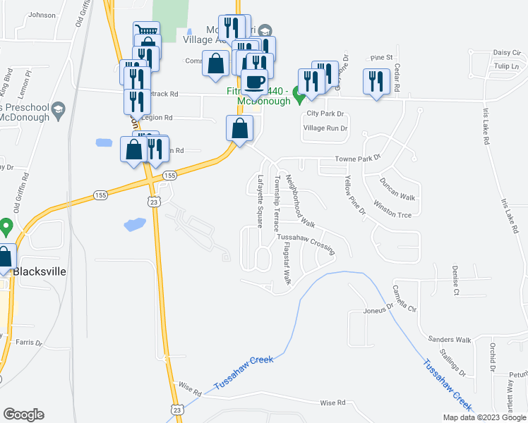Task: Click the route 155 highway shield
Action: pos(169,175)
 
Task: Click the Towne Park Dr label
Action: pos(357,160)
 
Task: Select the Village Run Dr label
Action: pos(325,128)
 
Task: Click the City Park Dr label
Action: pos(325,114)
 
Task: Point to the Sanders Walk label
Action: pos(453,340)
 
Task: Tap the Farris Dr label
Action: pos(28,343)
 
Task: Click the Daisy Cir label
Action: pos(506,52)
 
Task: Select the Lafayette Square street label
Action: pos(260,202)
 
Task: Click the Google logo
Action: pos(23,415)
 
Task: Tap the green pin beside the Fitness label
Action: pos(299,91)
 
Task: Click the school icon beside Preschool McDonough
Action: pos(58,109)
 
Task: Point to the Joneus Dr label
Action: pos(378,308)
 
